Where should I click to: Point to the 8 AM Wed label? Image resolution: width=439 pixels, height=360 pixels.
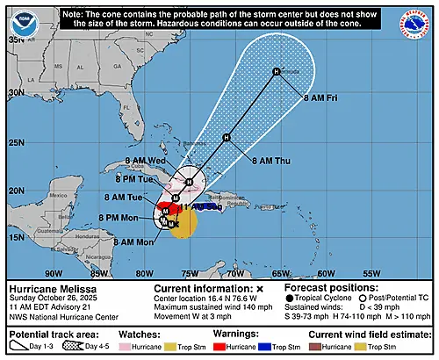click(147, 161)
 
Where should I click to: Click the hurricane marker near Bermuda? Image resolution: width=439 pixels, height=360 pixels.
click(276, 71)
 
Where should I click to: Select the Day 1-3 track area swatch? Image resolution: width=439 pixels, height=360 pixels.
click(24, 347)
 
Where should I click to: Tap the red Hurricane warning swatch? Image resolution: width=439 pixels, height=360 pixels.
click(224, 347)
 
